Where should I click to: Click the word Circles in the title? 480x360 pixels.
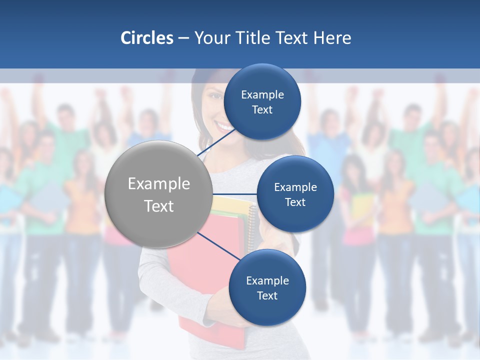pos(147,38)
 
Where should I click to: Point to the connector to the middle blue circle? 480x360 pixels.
pos(235,194)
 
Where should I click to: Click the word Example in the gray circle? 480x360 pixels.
pos(159,184)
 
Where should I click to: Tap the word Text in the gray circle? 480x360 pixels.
pos(159,206)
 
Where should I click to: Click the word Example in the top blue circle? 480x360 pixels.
pos(262,95)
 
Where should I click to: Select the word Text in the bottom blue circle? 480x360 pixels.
pos(267,295)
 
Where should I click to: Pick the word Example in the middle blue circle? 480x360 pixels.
pos(295,187)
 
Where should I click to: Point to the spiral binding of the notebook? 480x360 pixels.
pos(251,225)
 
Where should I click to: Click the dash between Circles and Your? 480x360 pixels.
pos(183,38)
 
